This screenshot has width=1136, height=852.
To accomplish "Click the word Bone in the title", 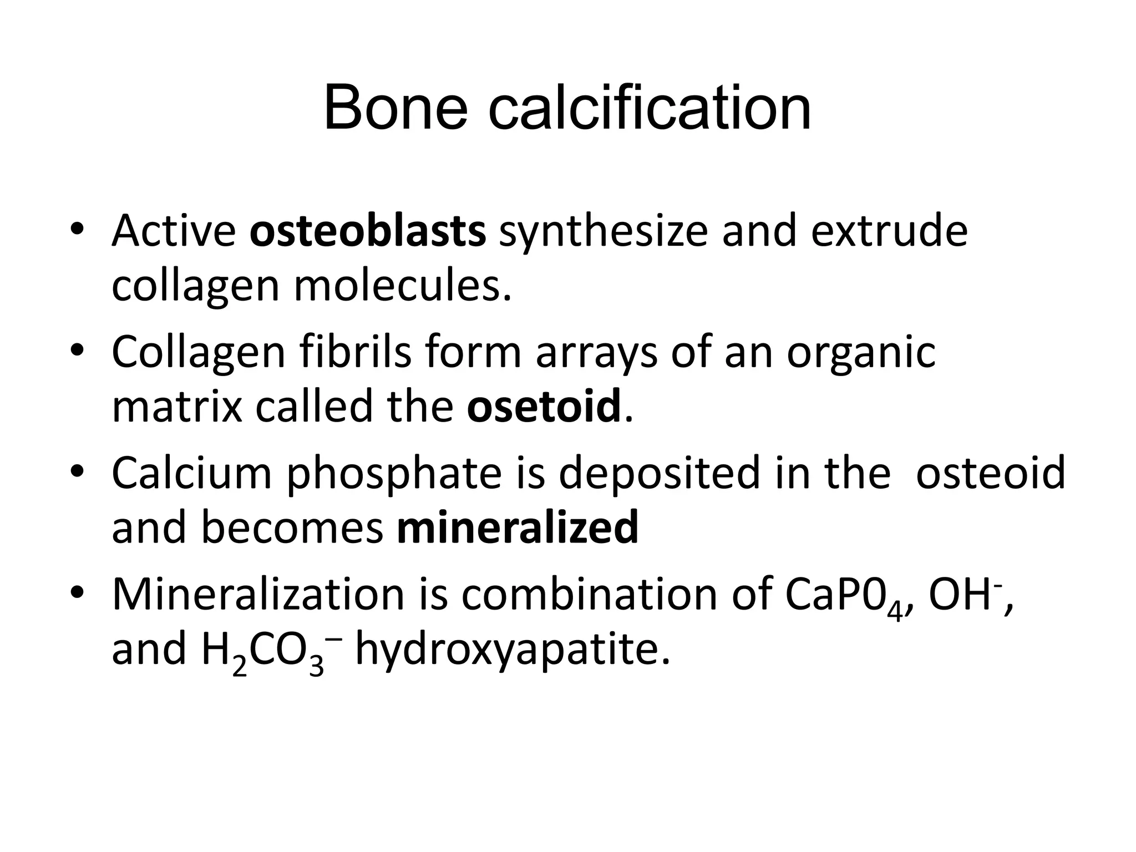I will click(x=395, y=108).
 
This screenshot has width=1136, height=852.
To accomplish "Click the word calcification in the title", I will click(x=650, y=108).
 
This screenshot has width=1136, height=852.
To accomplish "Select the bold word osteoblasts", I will click(x=368, y=231).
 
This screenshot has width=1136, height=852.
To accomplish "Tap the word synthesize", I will click(x=603, y=231).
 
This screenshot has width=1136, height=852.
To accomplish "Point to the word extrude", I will click(x=889, y=231).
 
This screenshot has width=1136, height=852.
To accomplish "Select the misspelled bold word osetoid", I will click(x=544, y=407).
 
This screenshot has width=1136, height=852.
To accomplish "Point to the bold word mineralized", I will click(x=518, y=528).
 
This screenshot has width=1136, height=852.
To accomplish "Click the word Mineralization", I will click(x=258, y=594).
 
